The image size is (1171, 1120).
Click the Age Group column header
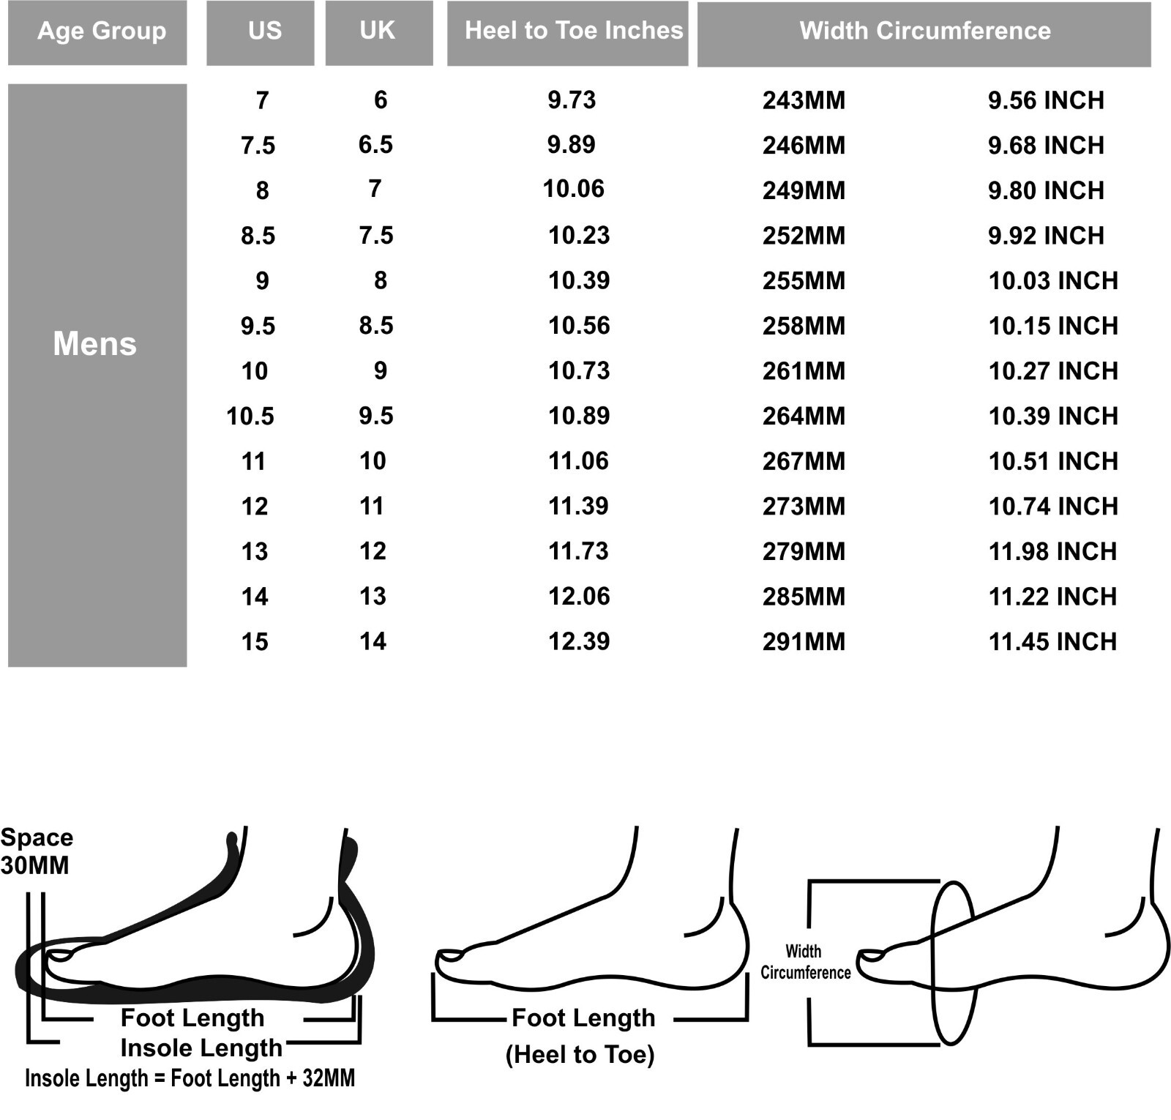click(102, 31)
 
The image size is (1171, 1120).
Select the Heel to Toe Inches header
click(574, 30)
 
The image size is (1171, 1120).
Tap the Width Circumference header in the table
click(925, 31)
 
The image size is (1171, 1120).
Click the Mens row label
click(94, 343)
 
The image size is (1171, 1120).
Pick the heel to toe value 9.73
click(572, 100)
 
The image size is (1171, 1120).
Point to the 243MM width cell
click(804, 100)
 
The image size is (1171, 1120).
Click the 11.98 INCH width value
click(1052, 551)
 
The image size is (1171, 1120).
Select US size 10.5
click(250, 416)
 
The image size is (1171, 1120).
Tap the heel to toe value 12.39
click(579, 641)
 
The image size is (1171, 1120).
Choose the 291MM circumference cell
click(804, 642)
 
